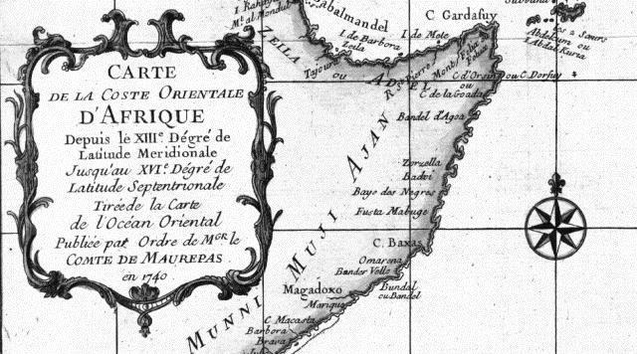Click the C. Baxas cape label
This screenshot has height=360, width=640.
[391, 242]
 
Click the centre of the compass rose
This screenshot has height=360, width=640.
[556, 223]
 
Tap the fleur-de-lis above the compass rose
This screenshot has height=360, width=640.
[556, 183]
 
